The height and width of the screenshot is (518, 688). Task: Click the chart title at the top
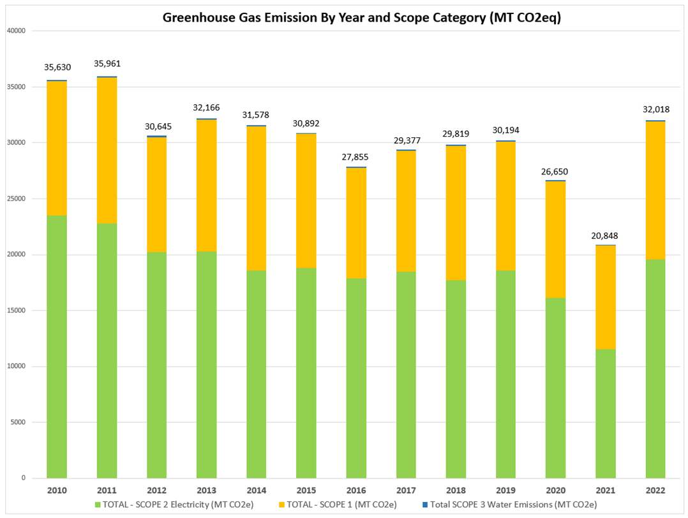click(361, 17)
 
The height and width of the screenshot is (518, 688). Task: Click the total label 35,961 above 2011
click(107, 63)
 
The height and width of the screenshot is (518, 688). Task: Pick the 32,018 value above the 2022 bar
click(655, 109)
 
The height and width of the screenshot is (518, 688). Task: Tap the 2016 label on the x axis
click(356, 491)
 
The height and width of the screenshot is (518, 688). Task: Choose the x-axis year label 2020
click(556, 491)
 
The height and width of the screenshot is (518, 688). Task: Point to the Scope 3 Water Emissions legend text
click(514, 505)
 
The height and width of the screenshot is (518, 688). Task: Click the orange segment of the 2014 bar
click(257, 198)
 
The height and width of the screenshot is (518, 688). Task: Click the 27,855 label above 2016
click(356, 156)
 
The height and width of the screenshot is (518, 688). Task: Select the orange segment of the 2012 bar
click(156, 195)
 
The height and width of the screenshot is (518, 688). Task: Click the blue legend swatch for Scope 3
click(425, 505)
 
